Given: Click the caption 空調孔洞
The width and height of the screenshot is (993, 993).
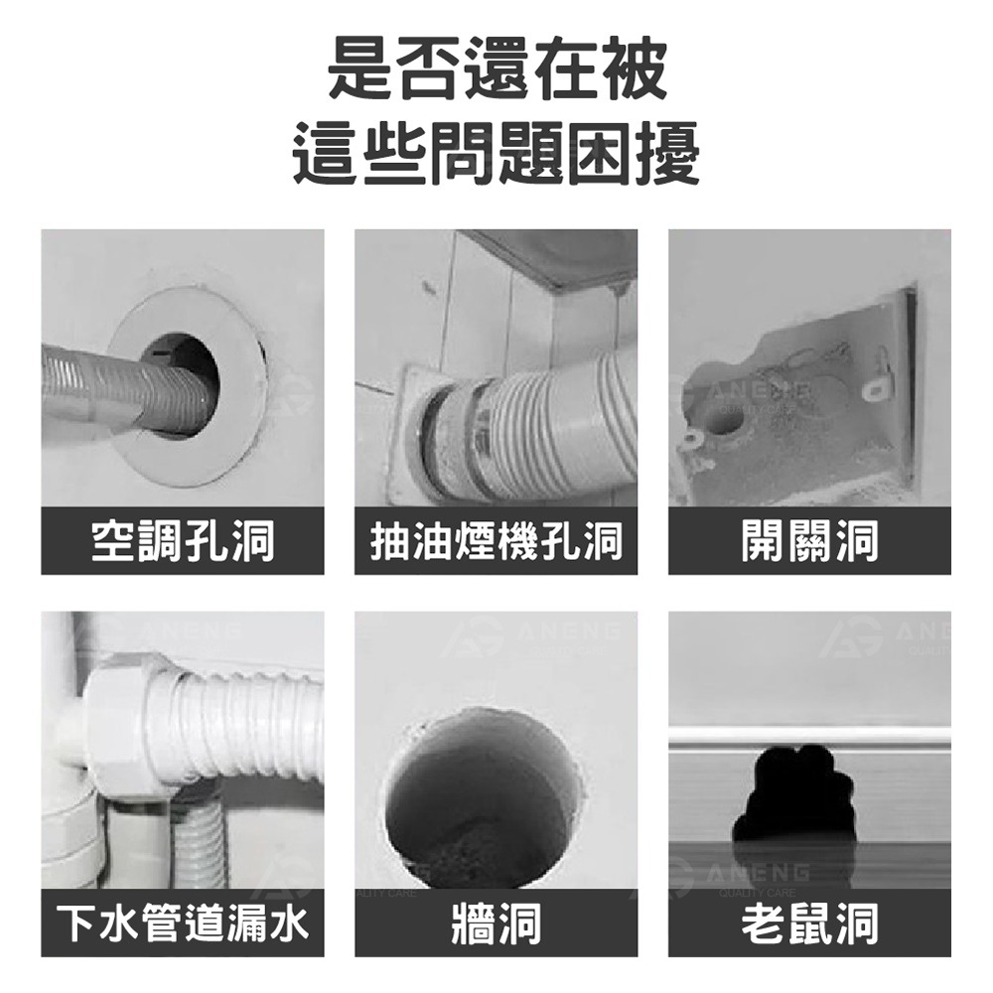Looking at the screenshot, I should pos(183,541).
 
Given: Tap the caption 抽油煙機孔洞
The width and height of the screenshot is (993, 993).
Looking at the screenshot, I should pos(496,541).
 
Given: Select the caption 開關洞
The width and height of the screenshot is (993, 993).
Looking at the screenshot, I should pos(809,541).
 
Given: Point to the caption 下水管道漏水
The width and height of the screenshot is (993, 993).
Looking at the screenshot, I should pos(183,922).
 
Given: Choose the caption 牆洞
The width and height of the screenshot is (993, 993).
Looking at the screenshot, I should pos(496,922).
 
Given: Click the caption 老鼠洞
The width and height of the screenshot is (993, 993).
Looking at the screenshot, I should pos(809,922).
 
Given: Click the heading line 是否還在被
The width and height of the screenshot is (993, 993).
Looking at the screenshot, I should pos(496,67).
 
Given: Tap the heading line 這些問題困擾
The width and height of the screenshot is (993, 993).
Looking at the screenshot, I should pos(496,154).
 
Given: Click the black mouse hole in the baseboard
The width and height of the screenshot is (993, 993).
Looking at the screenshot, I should pos(793,794).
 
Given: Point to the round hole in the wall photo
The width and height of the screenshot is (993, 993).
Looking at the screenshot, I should pos(467,794).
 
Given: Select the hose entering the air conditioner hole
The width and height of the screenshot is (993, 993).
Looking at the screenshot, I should pos(119,382).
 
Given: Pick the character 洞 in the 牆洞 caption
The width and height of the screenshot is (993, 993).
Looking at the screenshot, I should pos(519,922).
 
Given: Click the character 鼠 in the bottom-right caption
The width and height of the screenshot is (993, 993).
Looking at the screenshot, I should pos(809,922).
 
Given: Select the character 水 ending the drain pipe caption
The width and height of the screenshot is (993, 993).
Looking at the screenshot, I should pos(288,922).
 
